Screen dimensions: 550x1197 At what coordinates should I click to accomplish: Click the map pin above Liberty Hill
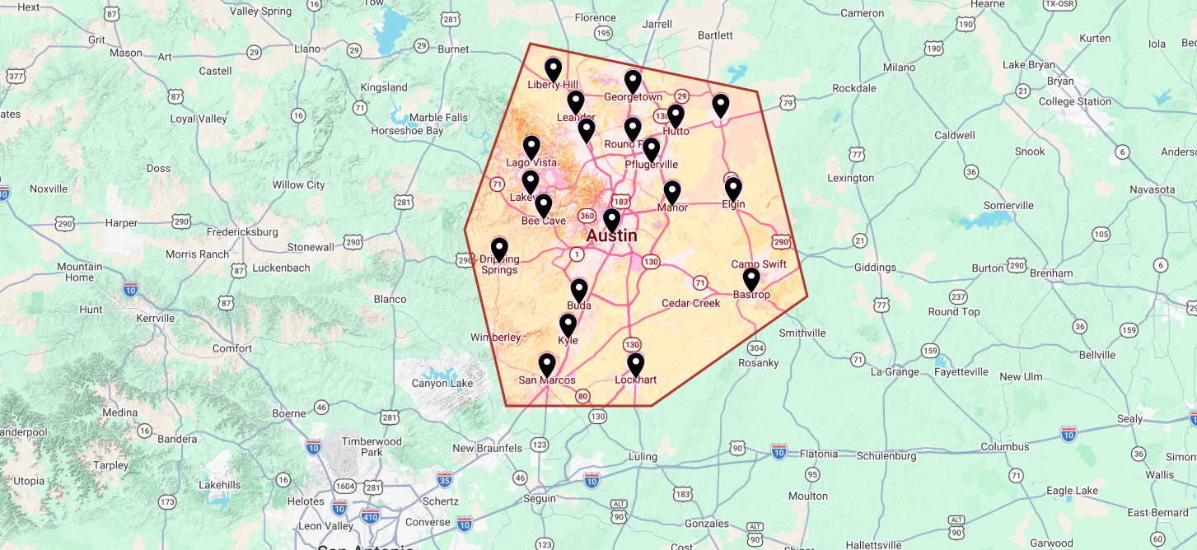pos(553,69)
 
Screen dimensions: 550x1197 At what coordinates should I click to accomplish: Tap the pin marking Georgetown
pos(633,82)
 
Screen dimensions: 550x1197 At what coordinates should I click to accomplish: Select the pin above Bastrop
pos(751,279)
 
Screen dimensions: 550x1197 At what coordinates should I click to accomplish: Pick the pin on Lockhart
pos(635,364)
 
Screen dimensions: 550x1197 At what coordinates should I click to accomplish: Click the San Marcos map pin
pos(547,365)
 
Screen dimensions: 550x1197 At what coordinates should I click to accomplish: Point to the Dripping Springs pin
pos(499,249)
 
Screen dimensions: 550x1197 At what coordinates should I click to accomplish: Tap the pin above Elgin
pos(733,189)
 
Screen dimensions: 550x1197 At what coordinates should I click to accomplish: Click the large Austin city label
pos(611,235)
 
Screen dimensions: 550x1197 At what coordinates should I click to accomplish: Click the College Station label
pos(1074,102)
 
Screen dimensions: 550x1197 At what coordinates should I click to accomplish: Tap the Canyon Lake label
pos(442,384)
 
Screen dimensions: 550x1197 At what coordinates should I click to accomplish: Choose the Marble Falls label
pos(438,118)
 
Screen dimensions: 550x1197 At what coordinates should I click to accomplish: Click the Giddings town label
pos(875,268)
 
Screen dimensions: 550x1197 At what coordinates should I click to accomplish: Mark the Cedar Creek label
pos(691,303)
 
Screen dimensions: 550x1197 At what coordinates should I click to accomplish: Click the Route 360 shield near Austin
pos(587,216)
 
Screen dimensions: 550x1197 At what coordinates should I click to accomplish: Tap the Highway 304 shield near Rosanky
pos(757,347)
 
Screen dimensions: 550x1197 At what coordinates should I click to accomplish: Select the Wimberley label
pos(495,338)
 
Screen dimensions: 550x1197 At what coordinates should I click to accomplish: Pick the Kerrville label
pos(157,318)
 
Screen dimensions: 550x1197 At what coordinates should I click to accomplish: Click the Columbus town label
pos(1004,447)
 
